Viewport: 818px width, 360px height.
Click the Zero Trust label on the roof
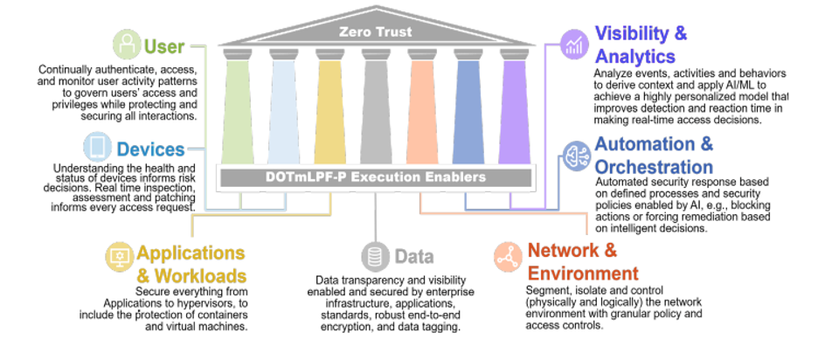(x=375, y=31)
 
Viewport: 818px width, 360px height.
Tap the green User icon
(x=128, y=44)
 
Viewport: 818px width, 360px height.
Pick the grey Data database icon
(x=376, y=257)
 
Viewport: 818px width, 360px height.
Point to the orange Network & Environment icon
(x=506, y=255)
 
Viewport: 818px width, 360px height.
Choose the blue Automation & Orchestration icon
(x=576, y=155)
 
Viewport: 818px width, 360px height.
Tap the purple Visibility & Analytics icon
(x=575, y=44)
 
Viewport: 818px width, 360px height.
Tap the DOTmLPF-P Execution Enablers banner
(x=376, y=177)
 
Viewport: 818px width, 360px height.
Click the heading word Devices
(x=151, y=149)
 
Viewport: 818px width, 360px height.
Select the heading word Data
(x=413, y=257)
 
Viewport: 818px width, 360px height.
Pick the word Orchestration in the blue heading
(x=653, y=166)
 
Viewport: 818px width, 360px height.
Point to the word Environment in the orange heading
(x=582, y=273)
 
